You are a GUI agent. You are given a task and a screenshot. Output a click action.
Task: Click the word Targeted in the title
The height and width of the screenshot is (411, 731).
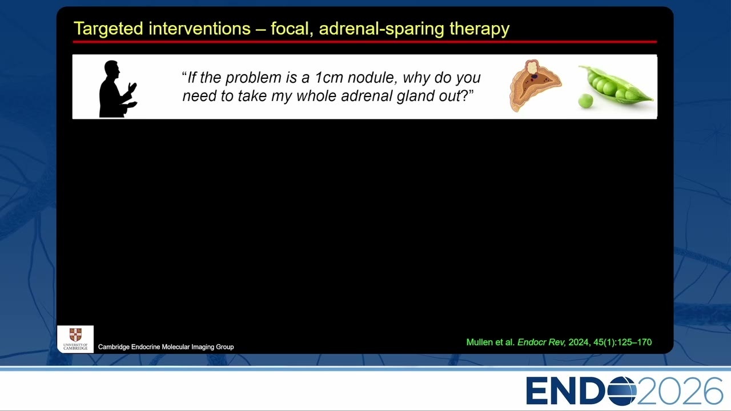pos(109,29)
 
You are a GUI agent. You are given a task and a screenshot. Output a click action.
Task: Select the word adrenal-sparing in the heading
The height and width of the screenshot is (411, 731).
pos(381,29)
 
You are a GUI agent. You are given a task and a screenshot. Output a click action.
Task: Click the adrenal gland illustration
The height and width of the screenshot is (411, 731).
pos(535,86)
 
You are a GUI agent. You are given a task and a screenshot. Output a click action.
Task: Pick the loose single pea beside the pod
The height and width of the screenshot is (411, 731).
pos(585,100)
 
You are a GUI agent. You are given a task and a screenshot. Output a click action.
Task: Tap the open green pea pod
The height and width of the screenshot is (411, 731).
pos(615,84)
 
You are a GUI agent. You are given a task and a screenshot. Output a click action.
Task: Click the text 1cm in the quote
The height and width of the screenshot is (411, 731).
pos(328,78)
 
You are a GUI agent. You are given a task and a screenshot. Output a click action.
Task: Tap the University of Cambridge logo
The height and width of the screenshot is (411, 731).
pos(75,339)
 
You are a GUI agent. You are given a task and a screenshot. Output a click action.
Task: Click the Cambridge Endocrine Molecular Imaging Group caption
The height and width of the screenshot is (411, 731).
pos(166,346)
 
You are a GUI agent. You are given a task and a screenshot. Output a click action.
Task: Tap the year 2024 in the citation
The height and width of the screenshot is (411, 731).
pos(579,342)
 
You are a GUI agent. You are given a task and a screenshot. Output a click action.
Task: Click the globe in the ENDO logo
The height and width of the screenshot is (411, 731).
pos(622,390)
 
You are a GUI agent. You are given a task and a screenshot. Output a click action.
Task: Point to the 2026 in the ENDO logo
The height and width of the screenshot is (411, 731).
pos(680,391)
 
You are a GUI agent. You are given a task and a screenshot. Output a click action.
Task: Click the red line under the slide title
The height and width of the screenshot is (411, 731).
pos(365,42)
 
